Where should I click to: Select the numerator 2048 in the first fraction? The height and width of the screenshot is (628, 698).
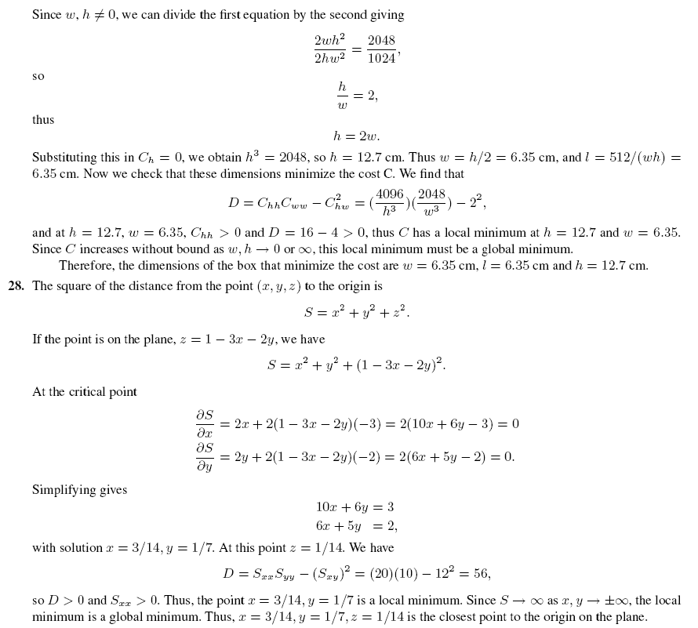tap(381, 41)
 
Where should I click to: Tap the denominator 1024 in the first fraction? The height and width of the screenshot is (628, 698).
tap(381, 59)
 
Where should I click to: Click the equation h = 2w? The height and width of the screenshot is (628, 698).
tap(356, 136)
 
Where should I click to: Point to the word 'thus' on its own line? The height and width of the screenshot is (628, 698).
tap(43, 120)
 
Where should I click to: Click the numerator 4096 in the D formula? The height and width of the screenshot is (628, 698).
tap(390, 194)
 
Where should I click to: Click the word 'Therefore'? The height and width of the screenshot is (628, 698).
tap(87, 265)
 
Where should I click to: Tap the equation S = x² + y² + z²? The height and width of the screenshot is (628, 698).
tap(356, 312)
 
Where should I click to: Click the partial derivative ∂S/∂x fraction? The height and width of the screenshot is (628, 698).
tap(204, 423)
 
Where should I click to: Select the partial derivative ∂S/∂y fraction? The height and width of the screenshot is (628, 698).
tap(204, 456)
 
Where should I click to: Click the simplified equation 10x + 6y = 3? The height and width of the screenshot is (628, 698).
tap(354, 507)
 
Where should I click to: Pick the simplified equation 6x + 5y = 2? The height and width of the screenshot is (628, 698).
tap(356, 526)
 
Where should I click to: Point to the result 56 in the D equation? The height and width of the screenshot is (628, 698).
tap(482, 573)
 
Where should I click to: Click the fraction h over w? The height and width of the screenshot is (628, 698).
tap(342, 95)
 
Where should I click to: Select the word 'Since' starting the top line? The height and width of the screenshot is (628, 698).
tap(46, 16)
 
